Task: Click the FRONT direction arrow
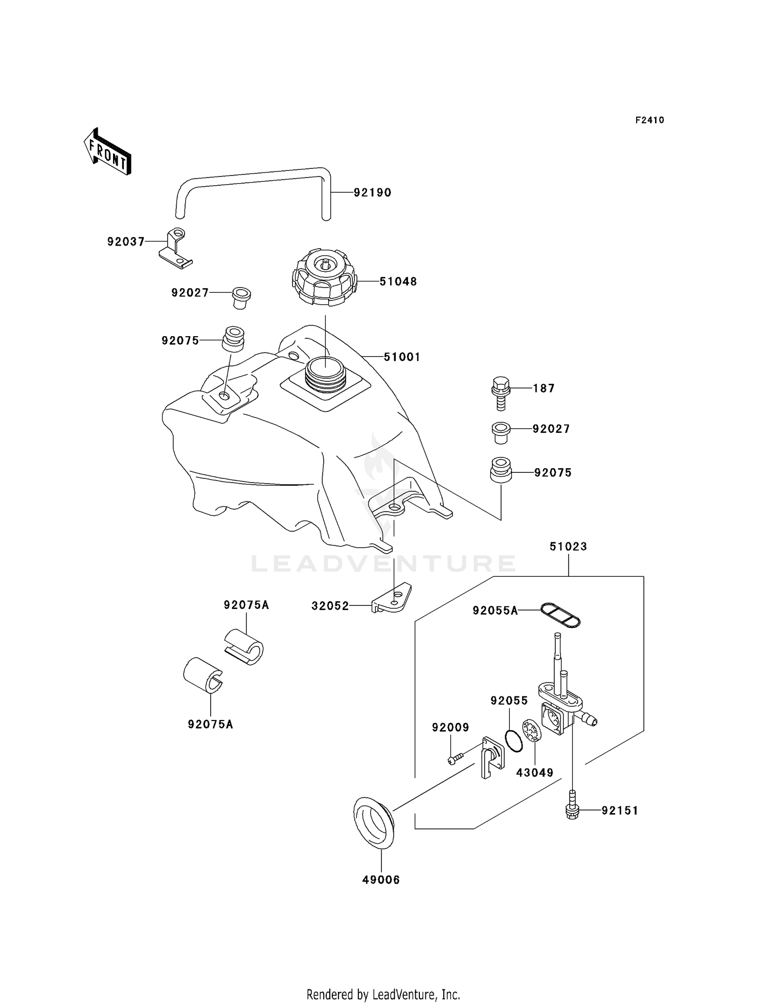[107, 152]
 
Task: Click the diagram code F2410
[649, 120]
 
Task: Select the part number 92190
[372, 193]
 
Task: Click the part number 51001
[402, 357]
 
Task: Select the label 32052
[330, 606]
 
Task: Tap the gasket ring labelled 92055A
[560, 614]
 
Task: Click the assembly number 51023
[568, 547]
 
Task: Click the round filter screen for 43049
[532, 730]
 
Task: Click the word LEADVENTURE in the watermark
[383, 564]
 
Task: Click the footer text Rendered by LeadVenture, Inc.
[383, 994]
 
